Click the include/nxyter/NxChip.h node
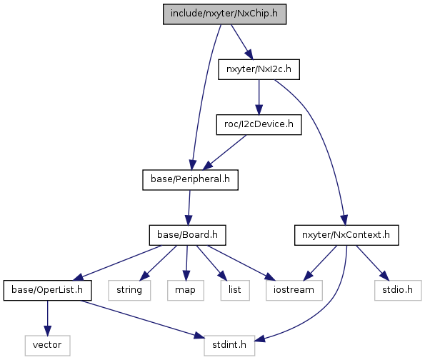224,14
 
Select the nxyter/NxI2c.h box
259,69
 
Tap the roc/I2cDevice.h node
259,124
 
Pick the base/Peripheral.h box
190,180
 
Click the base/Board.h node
187,235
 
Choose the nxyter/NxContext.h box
346,235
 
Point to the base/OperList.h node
47,290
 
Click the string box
129,290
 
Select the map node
186,290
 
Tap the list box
235,290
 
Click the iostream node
294,290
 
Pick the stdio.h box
398,290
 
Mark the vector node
47,346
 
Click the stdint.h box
229,346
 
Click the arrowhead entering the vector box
47,331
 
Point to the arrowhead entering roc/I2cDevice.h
259,109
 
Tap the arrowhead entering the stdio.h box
384,276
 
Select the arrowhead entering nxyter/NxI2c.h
249,54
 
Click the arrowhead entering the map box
186,276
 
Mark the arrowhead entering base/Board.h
189,220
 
